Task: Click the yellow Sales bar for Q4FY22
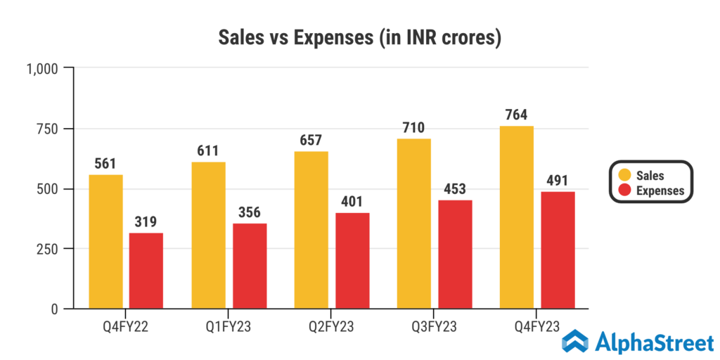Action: click(105, 242)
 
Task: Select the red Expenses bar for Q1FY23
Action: click(250, 266)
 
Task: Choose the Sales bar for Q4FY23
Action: click(517, 217)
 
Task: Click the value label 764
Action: click(517, 115)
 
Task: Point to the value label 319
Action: click(146, 222)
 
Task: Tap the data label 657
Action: click(311, 141)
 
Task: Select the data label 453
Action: click(456, 190)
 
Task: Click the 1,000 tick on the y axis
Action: click(44, 68)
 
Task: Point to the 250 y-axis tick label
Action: click(50, 249)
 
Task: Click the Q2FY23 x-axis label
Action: click(331, 327)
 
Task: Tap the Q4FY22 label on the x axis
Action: click(125, 327)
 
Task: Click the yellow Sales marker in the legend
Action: click(624, 175)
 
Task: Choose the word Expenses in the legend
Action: click(660, 190)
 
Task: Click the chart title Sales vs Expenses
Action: click(359, 37)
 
